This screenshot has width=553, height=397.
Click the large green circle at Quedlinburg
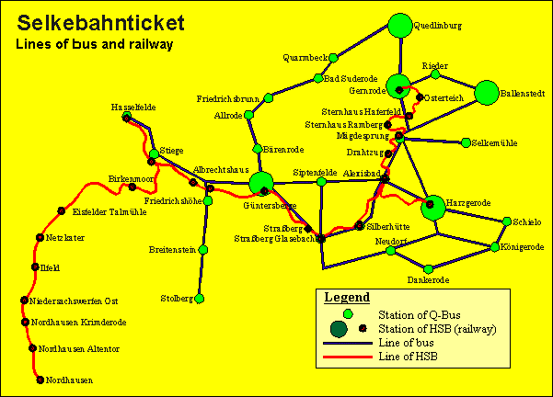399,27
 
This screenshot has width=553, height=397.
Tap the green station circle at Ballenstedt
487,93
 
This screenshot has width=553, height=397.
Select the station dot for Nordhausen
40,380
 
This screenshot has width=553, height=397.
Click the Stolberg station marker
199,299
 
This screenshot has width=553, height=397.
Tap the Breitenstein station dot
201,249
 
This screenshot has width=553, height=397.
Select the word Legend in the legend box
347,298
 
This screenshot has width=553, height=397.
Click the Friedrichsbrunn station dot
269,97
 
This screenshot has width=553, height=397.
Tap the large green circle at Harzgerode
433,208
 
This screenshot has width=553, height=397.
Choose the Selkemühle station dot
465,143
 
